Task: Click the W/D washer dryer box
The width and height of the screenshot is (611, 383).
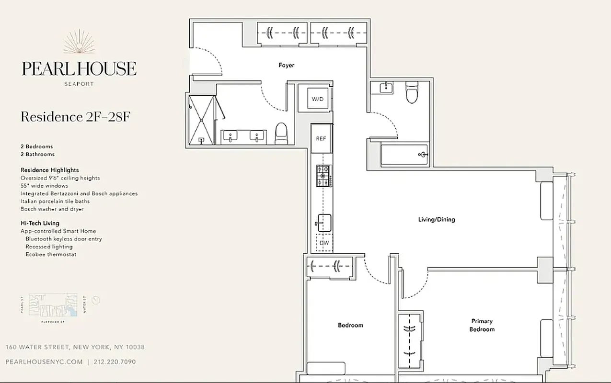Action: click(x=318, y=99)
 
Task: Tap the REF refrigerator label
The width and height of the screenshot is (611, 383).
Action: click(x=321, y=139)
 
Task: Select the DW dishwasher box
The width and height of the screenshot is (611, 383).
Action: click(x=324, y=243)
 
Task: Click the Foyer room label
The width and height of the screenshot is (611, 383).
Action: click(x=287, y=65)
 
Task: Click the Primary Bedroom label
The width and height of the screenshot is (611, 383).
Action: click(x=482, y=326)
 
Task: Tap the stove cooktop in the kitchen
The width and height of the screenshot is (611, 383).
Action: click(x=323, y=175)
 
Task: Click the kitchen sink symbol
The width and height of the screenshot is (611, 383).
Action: click(x=324, y=223)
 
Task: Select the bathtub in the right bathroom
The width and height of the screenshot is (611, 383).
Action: click(x=404, y=155)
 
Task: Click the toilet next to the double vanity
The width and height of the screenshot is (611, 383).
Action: click(x=281, y=133)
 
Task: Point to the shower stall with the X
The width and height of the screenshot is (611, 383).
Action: click(x=202, y=119)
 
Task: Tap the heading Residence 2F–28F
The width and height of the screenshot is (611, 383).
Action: click(x=75, y=117)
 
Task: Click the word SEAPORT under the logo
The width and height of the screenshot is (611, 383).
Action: click(x=79, y=84)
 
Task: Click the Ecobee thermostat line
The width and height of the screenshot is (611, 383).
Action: click(x=51, y=255)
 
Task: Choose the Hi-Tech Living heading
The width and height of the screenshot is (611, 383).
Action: click(x=40, y=223)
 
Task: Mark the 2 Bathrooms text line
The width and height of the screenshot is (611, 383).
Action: click(x=37, y=154)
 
